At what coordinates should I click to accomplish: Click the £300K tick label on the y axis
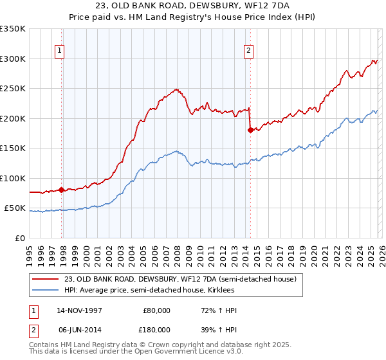pyautogui.click(x=13, y=59)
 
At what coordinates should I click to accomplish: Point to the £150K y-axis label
pyautogui.click(x=13, y=148)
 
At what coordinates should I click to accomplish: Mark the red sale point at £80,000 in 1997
pyautogui.click(x=62, y=190)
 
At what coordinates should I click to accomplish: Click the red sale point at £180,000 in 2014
pyautogui.click(x=250, y=130)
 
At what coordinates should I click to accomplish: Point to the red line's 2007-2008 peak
pyautogui.click(x=175, y=89)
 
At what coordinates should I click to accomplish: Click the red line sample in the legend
pyautogui.click(x=46, y=279)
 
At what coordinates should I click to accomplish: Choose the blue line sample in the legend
pyautogui.click(x=46, y=291)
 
